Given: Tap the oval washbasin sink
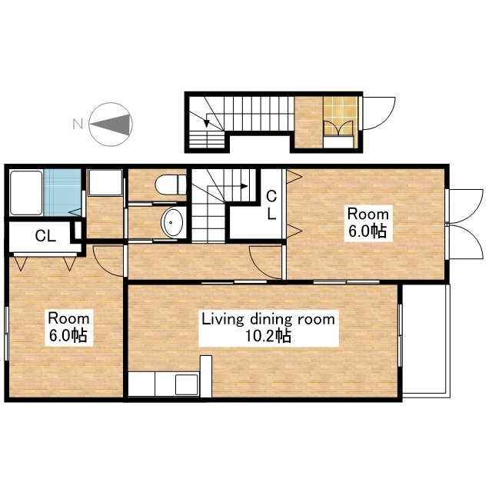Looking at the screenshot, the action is [171, 222].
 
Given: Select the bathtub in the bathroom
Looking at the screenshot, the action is [26, 193].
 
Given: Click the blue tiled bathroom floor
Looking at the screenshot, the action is [62, 193].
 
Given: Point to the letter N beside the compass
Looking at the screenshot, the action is [78, 124].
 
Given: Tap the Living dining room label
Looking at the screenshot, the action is [268, 320].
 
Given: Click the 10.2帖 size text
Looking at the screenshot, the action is [268, 337].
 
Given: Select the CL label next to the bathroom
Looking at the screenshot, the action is [45, 236].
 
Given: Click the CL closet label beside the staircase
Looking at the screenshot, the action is [271, 205].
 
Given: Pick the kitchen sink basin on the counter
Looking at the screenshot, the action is [187, 384].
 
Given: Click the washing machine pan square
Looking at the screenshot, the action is [105, 183].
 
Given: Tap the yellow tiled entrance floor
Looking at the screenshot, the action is [341, 115].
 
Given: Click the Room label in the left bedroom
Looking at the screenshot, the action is [68, 318].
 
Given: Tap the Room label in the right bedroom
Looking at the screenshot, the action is [368, 214].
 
